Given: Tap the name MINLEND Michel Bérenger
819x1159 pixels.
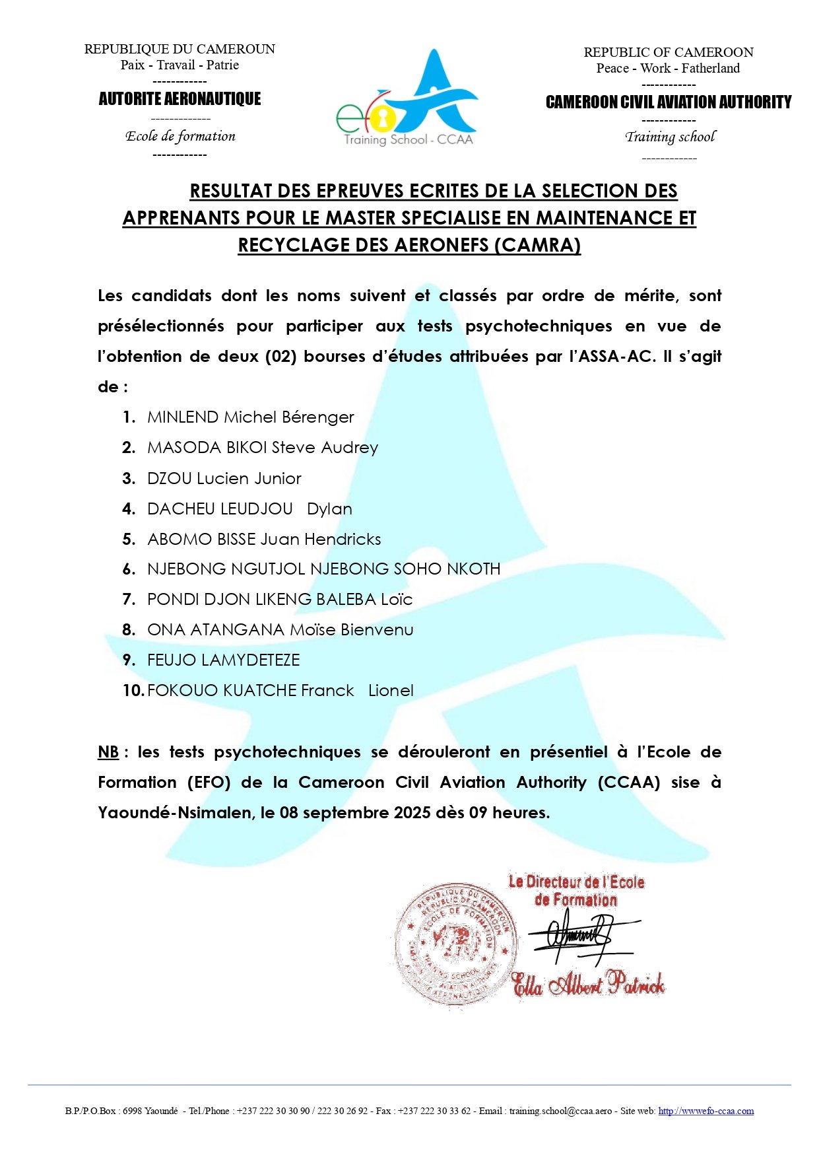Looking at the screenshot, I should coord(250,417).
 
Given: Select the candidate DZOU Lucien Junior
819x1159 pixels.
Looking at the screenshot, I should coord(224,478).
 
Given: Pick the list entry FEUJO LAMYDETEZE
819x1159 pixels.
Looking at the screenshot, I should coord(223,660).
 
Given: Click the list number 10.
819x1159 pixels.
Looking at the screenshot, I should coord(133,690).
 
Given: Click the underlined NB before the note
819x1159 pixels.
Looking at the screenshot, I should coord(108,752).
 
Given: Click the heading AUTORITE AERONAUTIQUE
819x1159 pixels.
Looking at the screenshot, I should coord(180,99).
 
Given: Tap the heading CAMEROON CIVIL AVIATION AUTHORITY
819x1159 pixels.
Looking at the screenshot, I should coord(668,102).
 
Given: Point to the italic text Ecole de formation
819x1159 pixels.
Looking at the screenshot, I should coord(180,136).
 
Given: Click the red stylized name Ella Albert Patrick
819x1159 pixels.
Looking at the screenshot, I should coord(588,983).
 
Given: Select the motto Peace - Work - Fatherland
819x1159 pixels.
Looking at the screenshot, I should coord(668,68).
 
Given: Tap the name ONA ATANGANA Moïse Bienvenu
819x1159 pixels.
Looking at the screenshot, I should coord(280,629).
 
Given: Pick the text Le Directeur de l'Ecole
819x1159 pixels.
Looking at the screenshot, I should coord(575,882).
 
